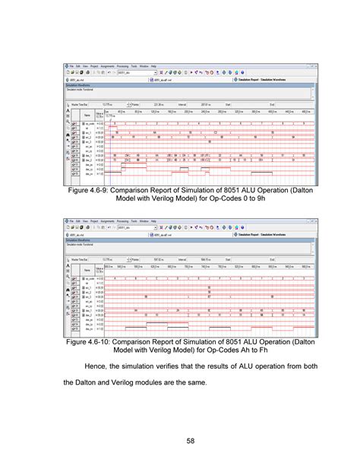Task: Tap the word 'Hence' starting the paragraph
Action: click(90, 367)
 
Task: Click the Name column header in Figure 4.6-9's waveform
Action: click(87, 116)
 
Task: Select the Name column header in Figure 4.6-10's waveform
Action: click(87, 269)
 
